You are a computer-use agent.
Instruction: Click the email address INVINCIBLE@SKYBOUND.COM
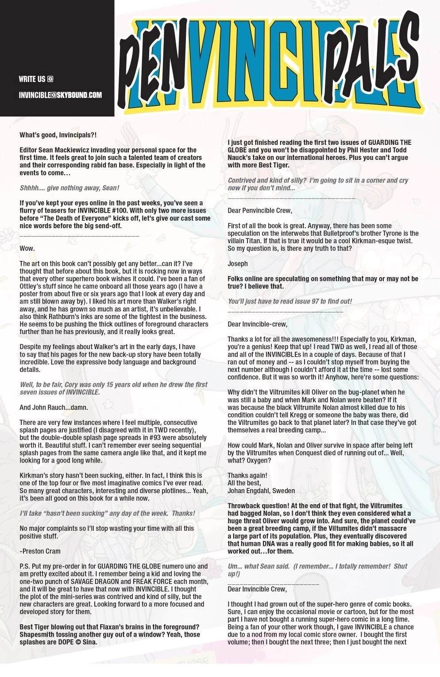pyautogui.click(x=60, y=95)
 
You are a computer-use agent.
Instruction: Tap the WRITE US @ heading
pyautogui.click(x=36, y=79)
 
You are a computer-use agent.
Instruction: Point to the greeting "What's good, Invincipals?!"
pyautogui.click(x=58, y=135)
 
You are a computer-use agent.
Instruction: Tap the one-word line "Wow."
pyautogui.click(x=27, y=248)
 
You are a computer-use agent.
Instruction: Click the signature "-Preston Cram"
pyautogui.click(x=40, y=551)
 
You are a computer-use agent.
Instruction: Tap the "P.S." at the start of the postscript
pyautogui.click(x=25, y=566)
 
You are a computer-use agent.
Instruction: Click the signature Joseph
pyautogui.click(x=238, y=264)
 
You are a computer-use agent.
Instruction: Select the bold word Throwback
pyautogui.click(x=245, y=506)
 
